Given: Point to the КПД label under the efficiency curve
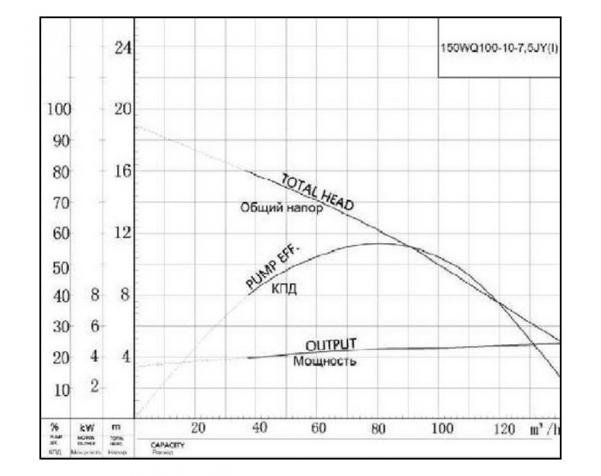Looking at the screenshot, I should [284, 289].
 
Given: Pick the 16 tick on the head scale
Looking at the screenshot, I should [122, 171].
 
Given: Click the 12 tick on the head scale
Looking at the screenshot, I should [122, 233].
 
